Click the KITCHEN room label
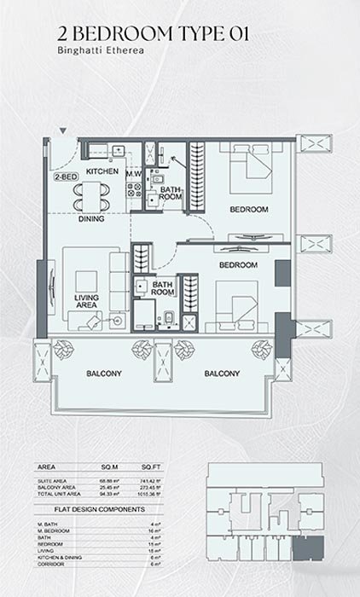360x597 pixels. point(102,171)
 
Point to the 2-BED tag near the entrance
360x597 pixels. point(64,177)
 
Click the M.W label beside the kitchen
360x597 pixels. point(133,173)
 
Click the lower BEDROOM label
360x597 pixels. point(238,265)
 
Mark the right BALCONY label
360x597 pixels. point(220,374)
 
